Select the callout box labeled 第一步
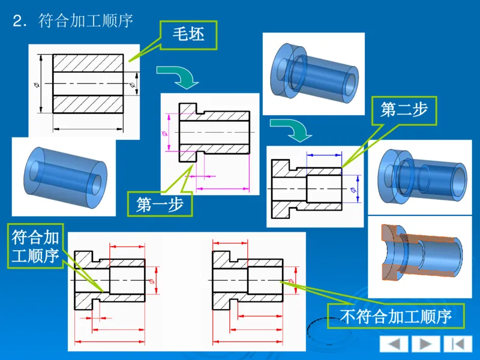(x=159, y=205)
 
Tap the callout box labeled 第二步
(x=403, y=110)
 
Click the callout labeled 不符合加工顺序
(x=395, y=316)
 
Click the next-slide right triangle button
(x=425, y=344)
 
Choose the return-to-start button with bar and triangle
(x=457, y=344)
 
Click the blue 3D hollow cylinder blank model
(x=63, y=176)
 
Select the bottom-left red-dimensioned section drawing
(x=114, y=288)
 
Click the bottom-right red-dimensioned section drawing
(x=252, y=288)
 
